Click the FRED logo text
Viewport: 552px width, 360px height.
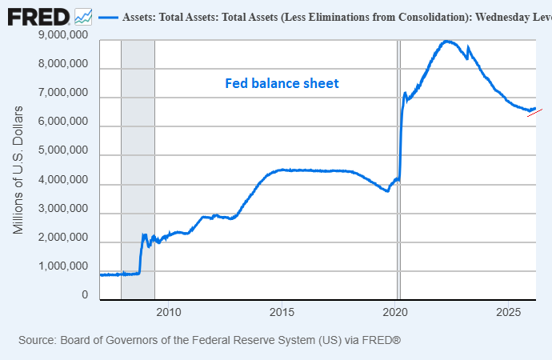tap(38, 17)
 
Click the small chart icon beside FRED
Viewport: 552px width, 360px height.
tap(82, 17)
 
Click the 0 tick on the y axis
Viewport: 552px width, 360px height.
tap(84, 295)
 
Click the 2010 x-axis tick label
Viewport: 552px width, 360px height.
tap(168, 310)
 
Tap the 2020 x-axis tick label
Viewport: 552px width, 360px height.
tap(397, 310)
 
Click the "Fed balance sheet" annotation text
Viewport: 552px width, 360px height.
tap(282, 83)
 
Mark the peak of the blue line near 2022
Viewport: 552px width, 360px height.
tap(446, 41)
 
